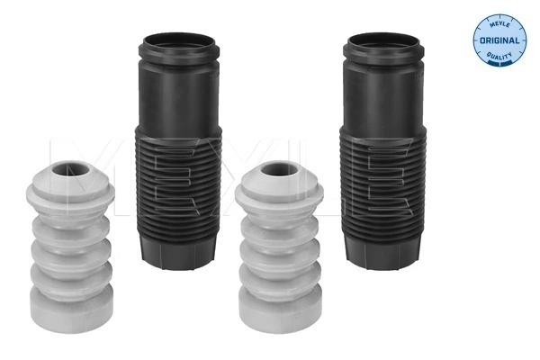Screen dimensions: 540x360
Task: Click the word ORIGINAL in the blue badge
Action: [499, 40]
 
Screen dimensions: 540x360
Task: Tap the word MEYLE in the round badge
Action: [499, 25]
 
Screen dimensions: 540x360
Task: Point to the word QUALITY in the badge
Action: [499, 56]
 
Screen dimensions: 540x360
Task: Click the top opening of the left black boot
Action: [179, 43]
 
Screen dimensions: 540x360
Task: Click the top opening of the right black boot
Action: [383, 43]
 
